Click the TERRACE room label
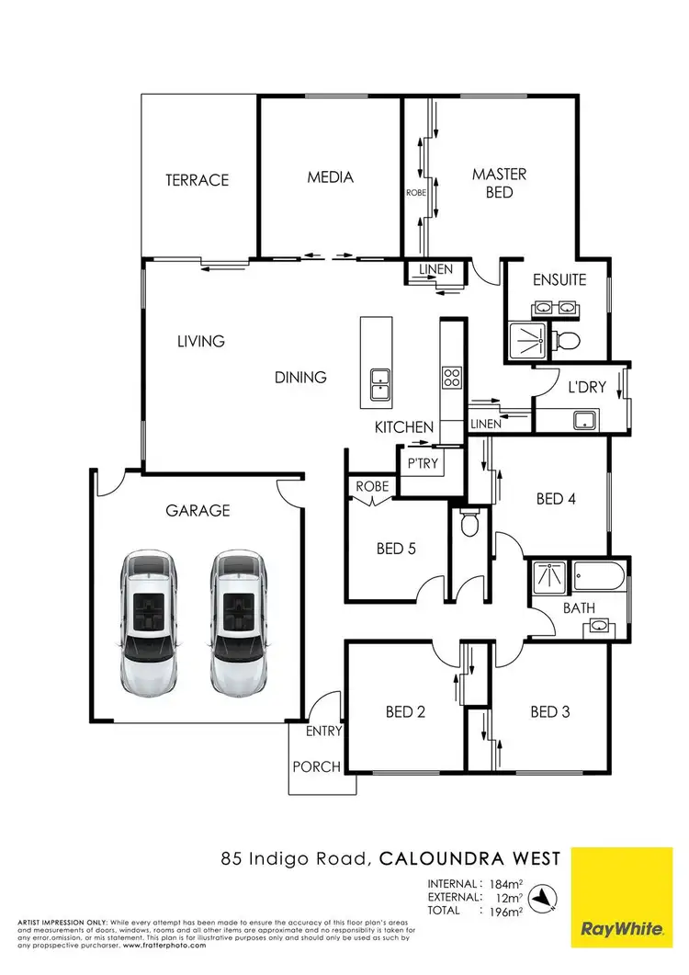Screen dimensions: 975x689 [197, 180]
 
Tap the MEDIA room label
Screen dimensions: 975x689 [330, 177]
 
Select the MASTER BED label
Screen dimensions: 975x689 [499, 183]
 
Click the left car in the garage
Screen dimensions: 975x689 [148, 622]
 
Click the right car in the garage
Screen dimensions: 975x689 [238, 622]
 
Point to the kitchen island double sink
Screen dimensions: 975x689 [379, 384]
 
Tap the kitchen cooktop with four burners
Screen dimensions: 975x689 [452, 378]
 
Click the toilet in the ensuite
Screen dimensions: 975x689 [569, 341]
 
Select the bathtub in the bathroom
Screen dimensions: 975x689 [598, 579]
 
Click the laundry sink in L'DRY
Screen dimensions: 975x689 [582, 421]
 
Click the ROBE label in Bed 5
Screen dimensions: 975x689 [370, 486]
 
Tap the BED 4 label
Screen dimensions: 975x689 [556, 499]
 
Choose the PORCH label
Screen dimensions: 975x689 [316, 766]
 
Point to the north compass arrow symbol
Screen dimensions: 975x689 [548, 896]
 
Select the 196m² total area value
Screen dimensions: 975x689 [502, 912]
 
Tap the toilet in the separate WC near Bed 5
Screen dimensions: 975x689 [469, 524]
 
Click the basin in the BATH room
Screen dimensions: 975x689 [598, 627]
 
